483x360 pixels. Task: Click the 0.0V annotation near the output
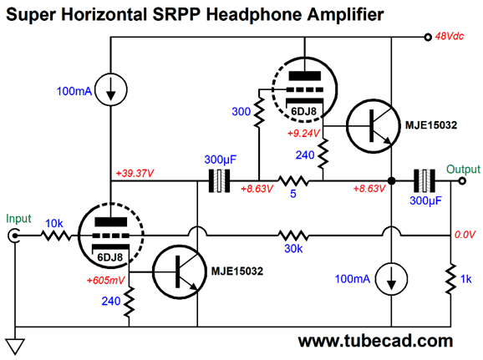(464, 236)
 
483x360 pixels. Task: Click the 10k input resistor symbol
(57, 236)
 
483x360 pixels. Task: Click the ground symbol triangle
(14, 343)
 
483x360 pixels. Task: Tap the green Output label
(463, 167)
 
